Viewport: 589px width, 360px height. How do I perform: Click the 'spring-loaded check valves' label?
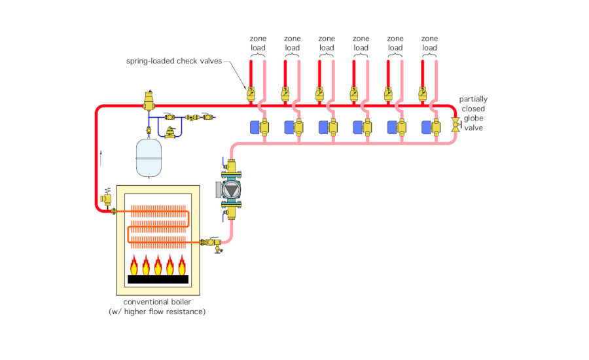click(174, 62)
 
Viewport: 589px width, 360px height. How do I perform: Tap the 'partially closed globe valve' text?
click(473, 113)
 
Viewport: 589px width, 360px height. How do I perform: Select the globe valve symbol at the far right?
click(455, 124)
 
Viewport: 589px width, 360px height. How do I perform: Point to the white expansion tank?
click(151, 157)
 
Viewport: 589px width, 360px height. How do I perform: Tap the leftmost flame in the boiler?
click(134, 265)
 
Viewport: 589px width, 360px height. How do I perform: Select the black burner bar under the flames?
click(158, 279)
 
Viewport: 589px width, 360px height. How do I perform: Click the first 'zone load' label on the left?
click(258, 43)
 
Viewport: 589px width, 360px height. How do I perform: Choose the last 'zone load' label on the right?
click(429, 43)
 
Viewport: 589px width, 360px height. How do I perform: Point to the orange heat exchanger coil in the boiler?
click(159, 223)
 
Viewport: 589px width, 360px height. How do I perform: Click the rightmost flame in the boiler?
click(183, 265)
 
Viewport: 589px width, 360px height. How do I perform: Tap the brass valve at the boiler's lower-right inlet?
click(210, 243)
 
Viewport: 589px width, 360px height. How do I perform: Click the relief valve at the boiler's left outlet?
click(105, 197)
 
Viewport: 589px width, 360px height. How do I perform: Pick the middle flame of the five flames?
click(158, 265)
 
